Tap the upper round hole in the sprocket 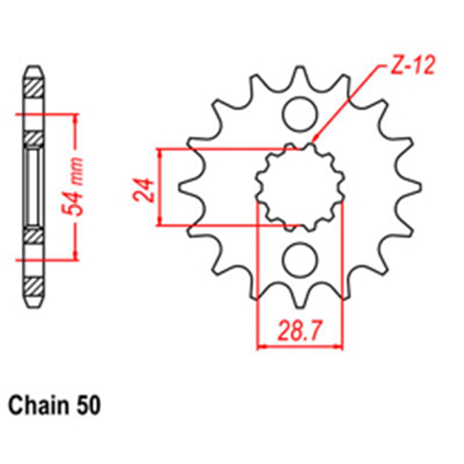point(299,114)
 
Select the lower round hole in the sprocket point(299,260)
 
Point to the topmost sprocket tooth point(299,74)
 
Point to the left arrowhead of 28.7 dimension point(259,346)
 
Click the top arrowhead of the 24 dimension point(161,151)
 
